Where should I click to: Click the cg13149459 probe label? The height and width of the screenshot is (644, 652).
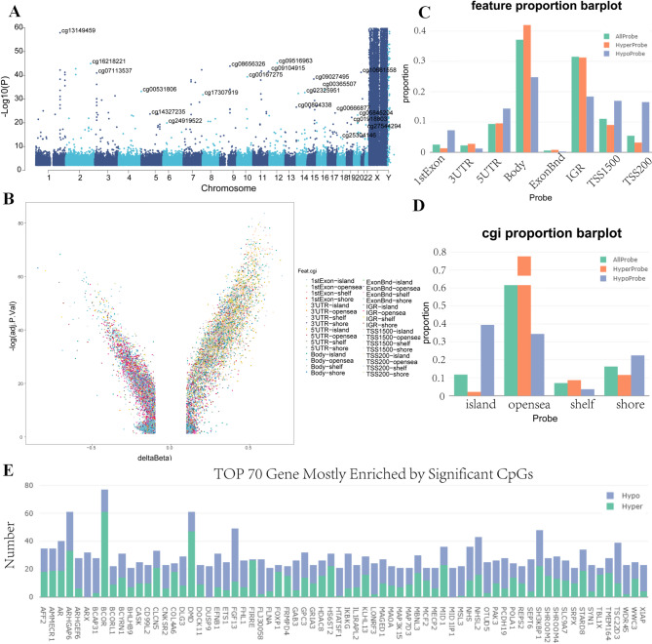80,30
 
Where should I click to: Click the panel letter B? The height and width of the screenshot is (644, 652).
8,199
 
